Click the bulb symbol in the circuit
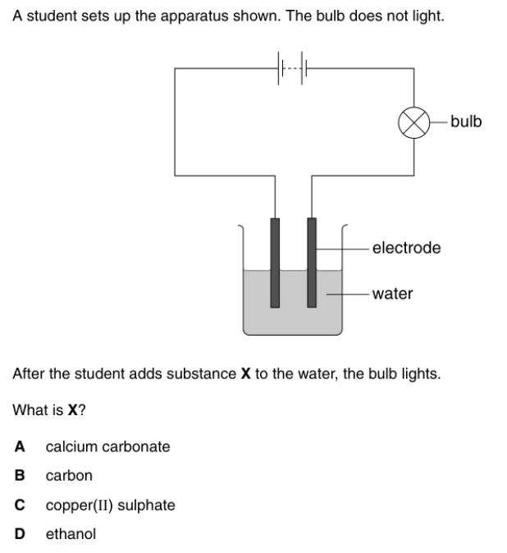click(x=413, y=122)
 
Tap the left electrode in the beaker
click(x=275, y=263)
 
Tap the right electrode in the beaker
click(x=311, y=263)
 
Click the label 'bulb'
click(x=466, y=122)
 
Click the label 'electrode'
click(x=406, y=247)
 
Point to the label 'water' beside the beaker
click(x=392, y=293)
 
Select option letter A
click(x=19, y=446)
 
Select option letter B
click(x=19, y=475)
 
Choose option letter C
click(x=19, y=505)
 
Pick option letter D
click(x=19, y=533)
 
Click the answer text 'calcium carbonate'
click(x=108, y=446)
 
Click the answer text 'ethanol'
click(x=71, y=533)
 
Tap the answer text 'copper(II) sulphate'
click(x=110, y=505)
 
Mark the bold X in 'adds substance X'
click(x=244, y=374)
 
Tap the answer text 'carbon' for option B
click(x=69, y=475)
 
